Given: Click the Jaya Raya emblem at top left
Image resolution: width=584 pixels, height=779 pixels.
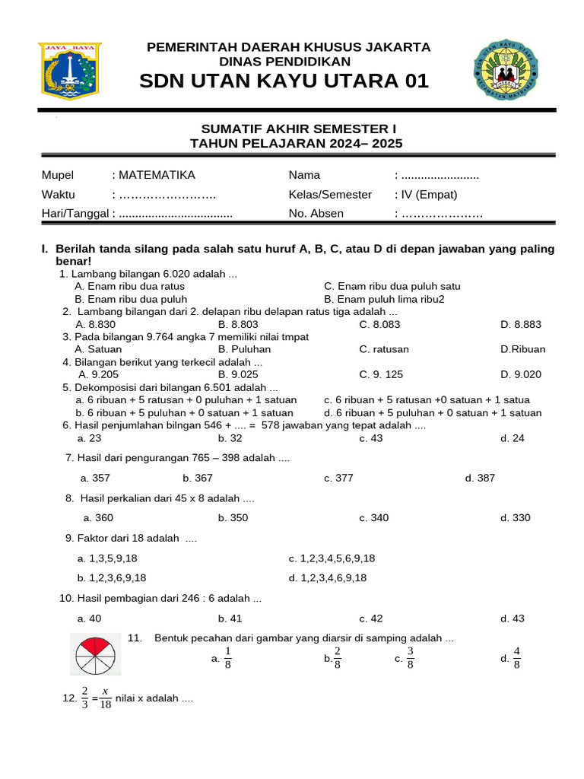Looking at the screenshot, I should click(68, 72).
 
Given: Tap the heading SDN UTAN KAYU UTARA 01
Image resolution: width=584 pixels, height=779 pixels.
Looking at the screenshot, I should click(284, 81).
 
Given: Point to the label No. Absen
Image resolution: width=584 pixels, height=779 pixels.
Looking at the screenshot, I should click(316, 213).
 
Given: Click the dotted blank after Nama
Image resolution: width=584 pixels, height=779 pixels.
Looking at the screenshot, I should click(440, 175).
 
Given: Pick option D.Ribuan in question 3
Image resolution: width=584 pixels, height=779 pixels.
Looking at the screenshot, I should click(522, 349).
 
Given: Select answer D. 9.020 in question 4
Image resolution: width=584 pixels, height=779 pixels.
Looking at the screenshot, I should click(521, 374).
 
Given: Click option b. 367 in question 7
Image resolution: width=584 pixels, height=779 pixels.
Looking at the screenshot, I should click(198, 478).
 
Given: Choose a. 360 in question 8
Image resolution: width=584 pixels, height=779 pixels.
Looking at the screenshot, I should click(98, 517).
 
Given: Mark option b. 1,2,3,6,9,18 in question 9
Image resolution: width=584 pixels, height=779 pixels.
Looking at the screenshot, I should click(112, 577).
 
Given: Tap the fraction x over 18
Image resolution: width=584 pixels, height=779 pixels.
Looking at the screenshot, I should click(105, 698).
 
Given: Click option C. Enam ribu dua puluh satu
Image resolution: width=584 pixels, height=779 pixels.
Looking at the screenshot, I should click(392, 286).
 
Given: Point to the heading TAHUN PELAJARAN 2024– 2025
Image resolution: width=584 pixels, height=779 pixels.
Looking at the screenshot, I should click(296, 143).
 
